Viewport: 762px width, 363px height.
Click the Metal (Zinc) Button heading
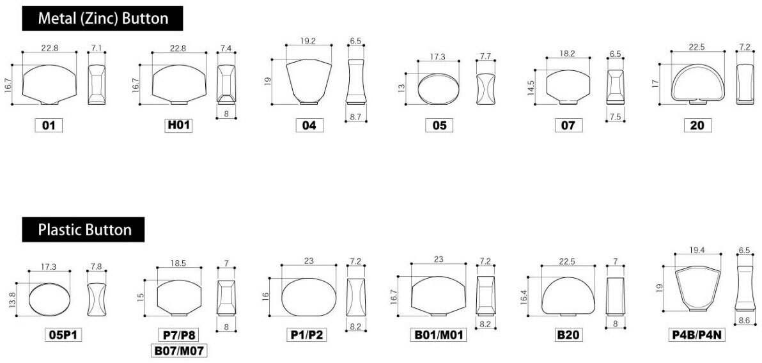point(102,19)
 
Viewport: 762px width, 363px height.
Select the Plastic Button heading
point(84,229)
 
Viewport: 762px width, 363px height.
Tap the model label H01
point(179,125)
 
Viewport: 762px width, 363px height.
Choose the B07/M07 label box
point(179,350)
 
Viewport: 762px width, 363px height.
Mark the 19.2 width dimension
point(308,42)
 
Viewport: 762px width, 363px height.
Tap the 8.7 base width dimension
point(356,117)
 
